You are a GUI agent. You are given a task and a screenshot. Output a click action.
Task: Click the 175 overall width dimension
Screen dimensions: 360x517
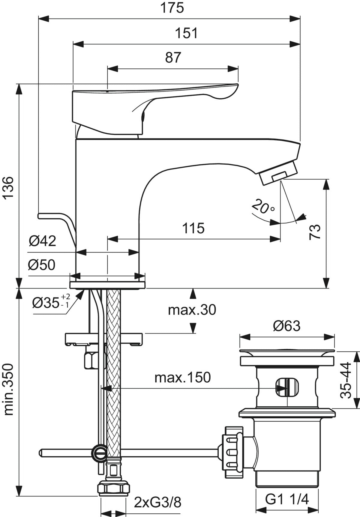coord(172,8)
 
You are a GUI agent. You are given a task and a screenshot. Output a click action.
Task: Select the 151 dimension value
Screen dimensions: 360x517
coord(186,33)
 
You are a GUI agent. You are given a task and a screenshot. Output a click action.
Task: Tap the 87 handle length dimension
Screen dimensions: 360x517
coord(173,57)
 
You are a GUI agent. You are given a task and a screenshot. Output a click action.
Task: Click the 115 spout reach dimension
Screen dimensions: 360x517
coord(193,229)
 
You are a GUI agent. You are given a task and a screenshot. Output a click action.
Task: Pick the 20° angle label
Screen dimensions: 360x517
coord(263,206)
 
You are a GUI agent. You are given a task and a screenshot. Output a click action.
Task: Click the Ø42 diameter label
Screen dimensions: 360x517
coord(42,241)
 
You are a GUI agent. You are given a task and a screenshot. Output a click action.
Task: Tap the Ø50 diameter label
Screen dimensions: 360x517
coord(42,265)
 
